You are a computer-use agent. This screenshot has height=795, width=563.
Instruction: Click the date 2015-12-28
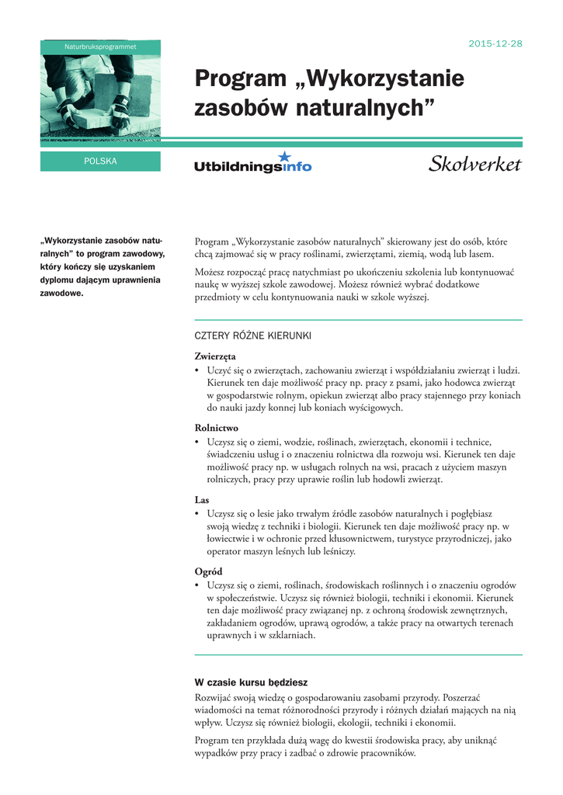(x=495, y=43)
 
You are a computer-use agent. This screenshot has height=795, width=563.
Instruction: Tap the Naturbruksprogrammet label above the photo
(x=100, y=47)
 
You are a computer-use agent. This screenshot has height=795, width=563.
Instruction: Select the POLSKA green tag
(x=100, y=161)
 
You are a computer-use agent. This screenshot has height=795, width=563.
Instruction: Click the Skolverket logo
(x=474, y=164)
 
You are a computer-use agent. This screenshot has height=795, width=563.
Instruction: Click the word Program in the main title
(x=240, y=79)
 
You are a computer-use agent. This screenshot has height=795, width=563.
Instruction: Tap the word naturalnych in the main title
(x=364, y=109)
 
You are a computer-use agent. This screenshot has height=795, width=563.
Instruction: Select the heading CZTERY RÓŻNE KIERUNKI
(x=252, y=336)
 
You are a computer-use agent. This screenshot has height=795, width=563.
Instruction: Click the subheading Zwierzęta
(x=215, y=356)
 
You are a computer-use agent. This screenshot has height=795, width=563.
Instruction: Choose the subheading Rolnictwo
(x=217, y=428)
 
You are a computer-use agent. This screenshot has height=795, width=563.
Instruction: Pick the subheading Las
(x=202, y=500)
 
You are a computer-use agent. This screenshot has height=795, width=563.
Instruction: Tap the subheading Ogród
(x=209, y=571)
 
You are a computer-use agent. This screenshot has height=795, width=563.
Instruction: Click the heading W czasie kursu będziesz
(x=251, y=682)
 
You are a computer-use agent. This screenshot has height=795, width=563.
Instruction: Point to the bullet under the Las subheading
(x=197, y=514)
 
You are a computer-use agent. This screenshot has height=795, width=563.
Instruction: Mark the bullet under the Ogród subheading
(x=197, y=585)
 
